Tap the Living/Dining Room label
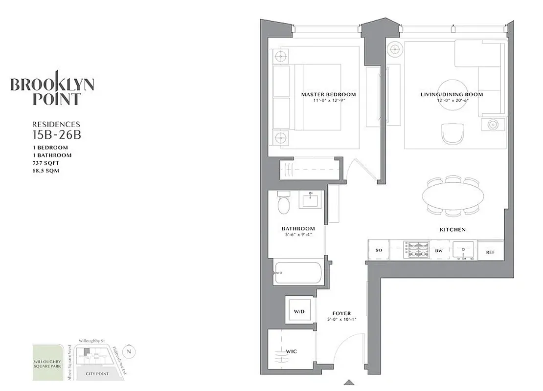[452, 94]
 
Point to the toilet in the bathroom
[284, 204]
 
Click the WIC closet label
[292, 351]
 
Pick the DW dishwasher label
[439, 251]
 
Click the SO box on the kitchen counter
[379, 250]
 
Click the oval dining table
[451, 196]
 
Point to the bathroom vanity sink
[310, 200]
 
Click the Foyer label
[341, 313]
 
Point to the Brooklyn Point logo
[52, 89]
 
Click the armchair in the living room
[451, 133]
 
